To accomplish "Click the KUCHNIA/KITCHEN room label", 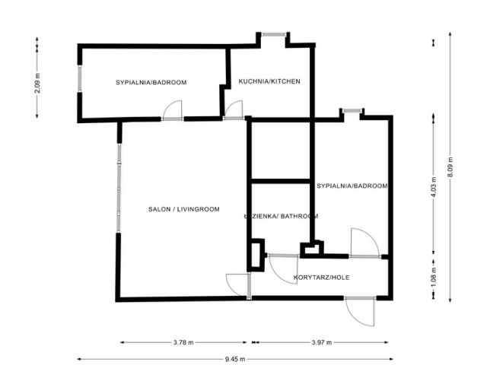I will point(269,81).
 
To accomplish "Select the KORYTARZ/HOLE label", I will point(321,278).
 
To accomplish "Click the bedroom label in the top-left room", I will point(151,82).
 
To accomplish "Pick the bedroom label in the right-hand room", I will point(352,186).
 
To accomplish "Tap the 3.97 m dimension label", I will point(322,342).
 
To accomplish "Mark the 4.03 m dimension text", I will point(433,186).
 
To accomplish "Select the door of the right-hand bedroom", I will point(364,243).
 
